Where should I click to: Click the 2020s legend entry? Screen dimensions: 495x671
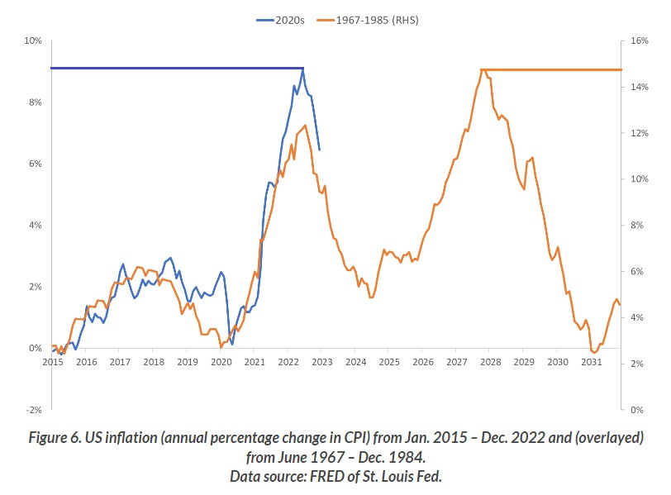point(281,20)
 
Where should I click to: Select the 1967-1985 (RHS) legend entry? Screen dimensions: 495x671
point(375,20)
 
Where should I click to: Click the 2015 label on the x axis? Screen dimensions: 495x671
point(52,362)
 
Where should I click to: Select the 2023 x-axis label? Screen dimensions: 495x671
point(321,362)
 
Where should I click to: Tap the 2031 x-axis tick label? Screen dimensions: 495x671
point(591,362)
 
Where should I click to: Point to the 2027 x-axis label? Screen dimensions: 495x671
point(456,362)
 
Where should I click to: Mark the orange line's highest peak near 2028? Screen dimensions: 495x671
point(481,70)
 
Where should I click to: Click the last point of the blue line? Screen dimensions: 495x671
point(320,150)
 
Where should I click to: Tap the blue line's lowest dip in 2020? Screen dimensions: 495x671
point(232,344)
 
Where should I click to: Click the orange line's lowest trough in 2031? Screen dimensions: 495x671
point(594,353)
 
